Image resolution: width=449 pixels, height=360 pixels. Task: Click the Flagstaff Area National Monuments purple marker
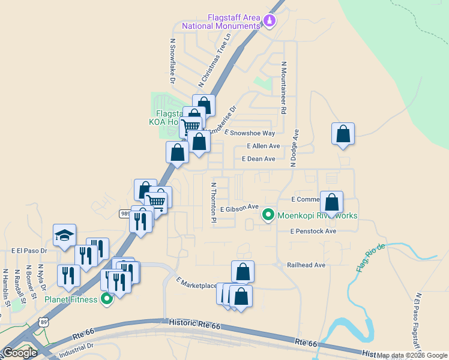click(x=270, y=22)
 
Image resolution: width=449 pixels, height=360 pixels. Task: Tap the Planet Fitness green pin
click(x=107, y=298)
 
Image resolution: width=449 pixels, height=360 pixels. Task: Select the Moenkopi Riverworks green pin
click(x=268, y=214)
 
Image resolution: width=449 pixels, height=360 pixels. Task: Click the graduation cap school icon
click(x=64, y=236)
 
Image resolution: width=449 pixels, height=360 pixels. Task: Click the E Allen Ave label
click(x=264, y=146)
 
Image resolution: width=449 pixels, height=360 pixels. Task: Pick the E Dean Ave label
click(x=258, y=159)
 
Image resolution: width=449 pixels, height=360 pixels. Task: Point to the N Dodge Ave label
click(x=295, y=143)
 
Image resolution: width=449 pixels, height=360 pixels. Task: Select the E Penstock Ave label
click(x=313, y=231)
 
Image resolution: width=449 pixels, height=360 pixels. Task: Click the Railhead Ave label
click(x=306, y=265)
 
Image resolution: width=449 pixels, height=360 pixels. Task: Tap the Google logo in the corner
click(x=20, y=352)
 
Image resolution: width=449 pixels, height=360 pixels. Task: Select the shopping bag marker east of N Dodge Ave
click(x=343, y=134)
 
